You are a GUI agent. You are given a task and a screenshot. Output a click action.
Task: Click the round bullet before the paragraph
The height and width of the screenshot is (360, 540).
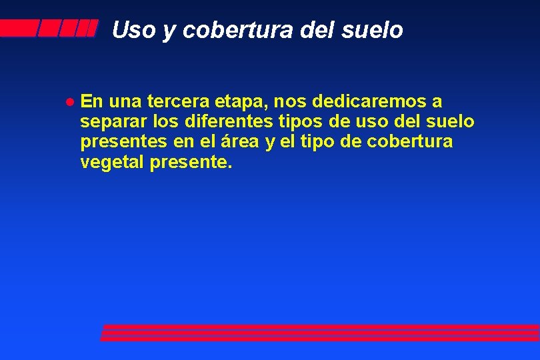pos(69,103)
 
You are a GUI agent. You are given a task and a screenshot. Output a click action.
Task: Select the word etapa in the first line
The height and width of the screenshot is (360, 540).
pos(243,102)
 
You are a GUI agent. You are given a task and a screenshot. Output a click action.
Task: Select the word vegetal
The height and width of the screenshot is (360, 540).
pos(111,162)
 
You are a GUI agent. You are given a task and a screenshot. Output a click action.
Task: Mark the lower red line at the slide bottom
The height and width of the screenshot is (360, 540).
pos(320,337)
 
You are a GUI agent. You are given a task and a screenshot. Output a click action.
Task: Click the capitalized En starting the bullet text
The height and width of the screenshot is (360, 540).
pos(91,102)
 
